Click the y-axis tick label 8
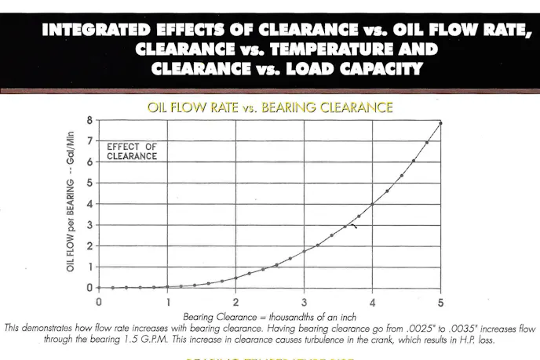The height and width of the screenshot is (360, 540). pyautogui.click(x=89, y=120)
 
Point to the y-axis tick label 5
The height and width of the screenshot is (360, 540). pyautogui.click(x=89, y=183)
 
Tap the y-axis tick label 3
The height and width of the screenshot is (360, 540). pyautogui.click(x=89, y=225)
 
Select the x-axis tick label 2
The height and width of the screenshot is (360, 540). pyautogui.click(x=235, y=300)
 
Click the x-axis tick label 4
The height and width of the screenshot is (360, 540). pyautogui.click(x=372, y=300)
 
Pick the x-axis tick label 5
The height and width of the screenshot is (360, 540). pyautogui.click(x=441, y=300)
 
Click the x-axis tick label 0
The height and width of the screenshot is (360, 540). pyautogui.click(x=99, y=300)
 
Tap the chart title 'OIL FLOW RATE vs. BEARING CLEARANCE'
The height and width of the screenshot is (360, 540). pyautogui.click(x=269, y=106)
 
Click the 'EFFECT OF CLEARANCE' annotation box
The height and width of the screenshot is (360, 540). pyautogui.click(x=132, y=151)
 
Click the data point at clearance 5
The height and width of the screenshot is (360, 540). pyautogui.click(x=441, y=123)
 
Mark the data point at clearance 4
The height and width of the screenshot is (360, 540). pyautogui.click(x=373, y=204)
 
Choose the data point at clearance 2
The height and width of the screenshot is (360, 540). pyautogui.click(x=235, y=278)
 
